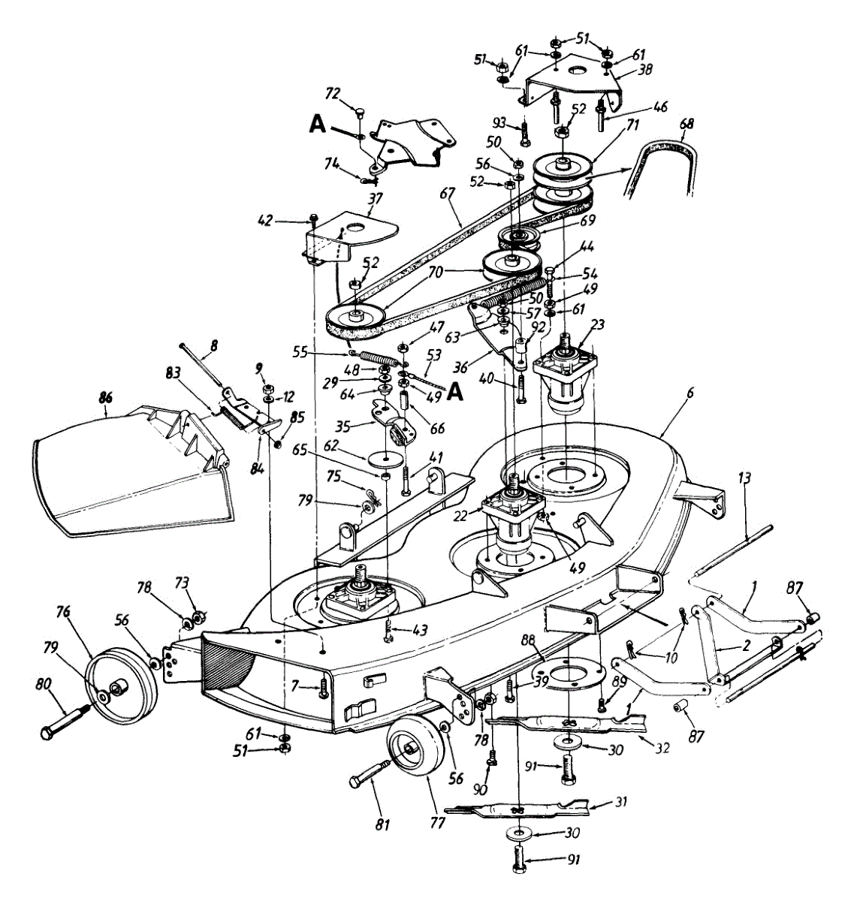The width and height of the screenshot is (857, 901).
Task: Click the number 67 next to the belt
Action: click(450, 193)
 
